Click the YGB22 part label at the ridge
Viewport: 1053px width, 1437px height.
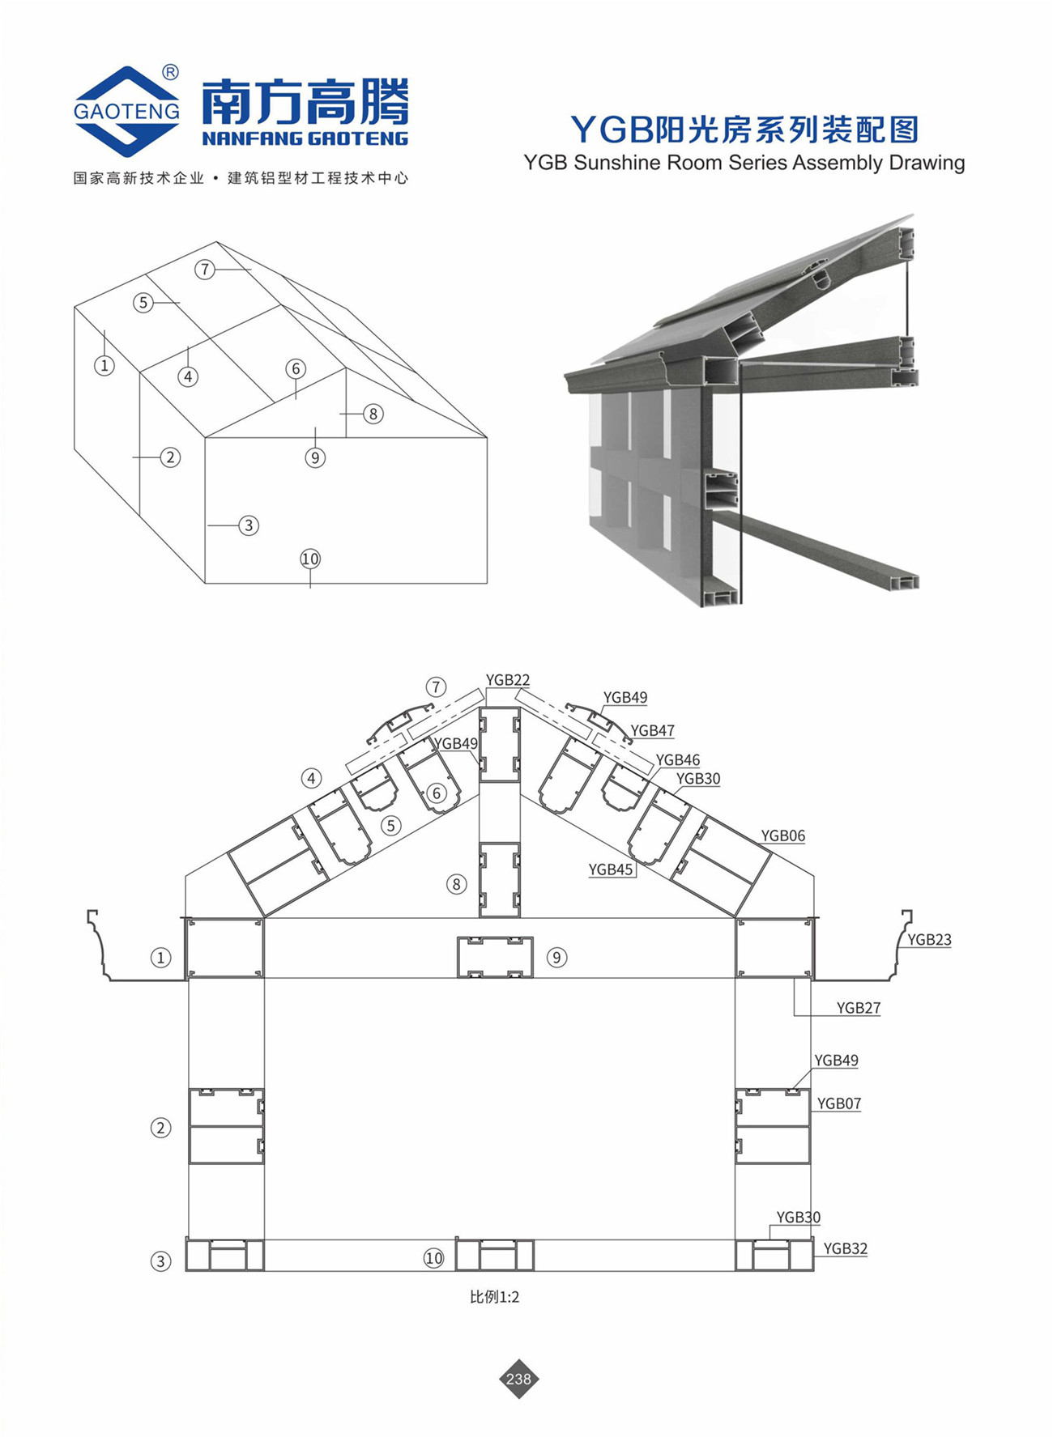pos(508,680)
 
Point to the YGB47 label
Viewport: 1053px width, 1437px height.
pos(653,730)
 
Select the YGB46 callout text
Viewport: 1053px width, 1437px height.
pos(678,759)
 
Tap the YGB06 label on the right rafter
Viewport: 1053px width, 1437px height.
pos(783,835)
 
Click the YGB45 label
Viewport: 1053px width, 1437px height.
pos(611,869)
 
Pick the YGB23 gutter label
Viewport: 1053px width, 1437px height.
pos(929,940)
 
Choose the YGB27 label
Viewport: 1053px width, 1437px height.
pos(859,1008)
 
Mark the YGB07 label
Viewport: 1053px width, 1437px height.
pos(839,1103)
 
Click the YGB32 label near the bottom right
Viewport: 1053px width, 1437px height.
pos(846,1248)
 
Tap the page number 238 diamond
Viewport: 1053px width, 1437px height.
pos(518,1379)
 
